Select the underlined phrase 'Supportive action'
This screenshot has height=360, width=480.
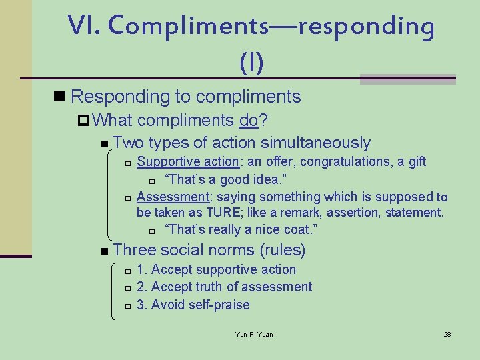(187, 161)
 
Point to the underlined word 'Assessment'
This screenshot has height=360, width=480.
(173, 197)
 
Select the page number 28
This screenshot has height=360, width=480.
(447, 334)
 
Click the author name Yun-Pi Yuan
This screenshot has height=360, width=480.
(254, 334)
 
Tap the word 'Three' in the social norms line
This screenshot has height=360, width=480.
(135, 250)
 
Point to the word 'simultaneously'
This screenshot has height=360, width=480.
(315, 143)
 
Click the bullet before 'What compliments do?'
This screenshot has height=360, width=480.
(84, 121)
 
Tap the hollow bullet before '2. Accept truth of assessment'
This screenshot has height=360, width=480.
(128, 288)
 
